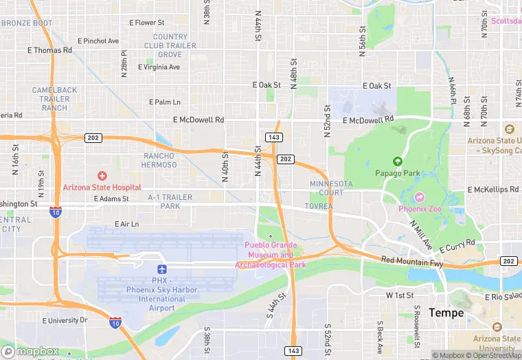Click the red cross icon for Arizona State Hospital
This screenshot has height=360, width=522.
tap(102, 177)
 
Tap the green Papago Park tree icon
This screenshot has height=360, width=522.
tap(397, 161)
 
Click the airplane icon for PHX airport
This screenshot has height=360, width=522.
tap(162, 269)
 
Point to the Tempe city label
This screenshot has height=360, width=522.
tap(446, 313)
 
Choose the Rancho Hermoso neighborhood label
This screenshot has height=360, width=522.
tap(160, 160)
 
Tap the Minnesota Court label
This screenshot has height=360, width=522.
tap(331, 188)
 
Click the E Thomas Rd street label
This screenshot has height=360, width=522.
tap(49, 50)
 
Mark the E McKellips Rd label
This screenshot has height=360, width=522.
tap(493, 190)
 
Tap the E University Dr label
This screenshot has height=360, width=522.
tap(65, 320)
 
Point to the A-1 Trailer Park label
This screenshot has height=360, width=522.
tap(170, 201)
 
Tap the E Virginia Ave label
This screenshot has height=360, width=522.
tap(159, 67)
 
